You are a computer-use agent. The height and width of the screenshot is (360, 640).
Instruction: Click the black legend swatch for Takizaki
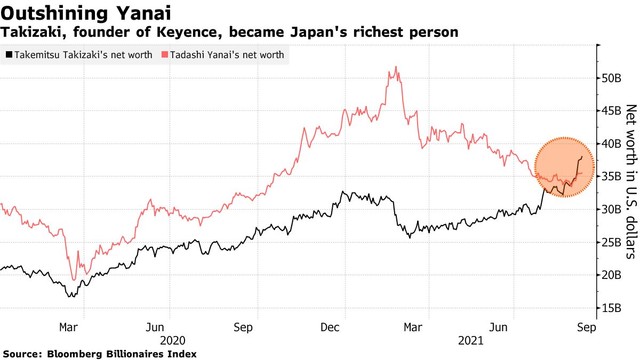[x=9, y=55]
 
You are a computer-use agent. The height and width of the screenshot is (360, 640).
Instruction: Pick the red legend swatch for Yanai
[x=165, y=55]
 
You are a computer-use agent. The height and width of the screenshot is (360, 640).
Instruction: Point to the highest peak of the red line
[x=396, y=67]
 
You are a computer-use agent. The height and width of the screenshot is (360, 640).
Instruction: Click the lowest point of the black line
[x=70, y=296]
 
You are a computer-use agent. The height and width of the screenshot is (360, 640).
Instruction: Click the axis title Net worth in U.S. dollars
[x=631, y=181]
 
